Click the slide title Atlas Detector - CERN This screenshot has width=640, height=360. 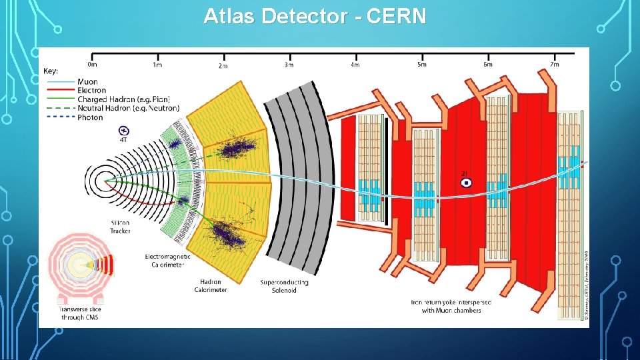(315, 15)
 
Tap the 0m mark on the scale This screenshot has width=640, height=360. (92, 65)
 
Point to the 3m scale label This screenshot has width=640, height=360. (289, 65)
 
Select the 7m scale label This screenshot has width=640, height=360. (553, 65)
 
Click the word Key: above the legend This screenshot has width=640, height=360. (51, 71)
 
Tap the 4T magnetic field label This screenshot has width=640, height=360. (123, 141)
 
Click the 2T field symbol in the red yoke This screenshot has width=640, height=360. (466, 181)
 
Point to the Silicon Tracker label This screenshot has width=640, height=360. (121, 227)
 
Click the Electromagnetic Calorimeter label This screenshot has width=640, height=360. (168, 260)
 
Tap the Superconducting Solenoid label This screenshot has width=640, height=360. (284, 286)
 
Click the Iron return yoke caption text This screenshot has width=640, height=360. (446, 306)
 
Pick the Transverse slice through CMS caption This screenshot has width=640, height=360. (79, 313)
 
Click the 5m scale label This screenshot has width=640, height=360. (421, 65)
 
